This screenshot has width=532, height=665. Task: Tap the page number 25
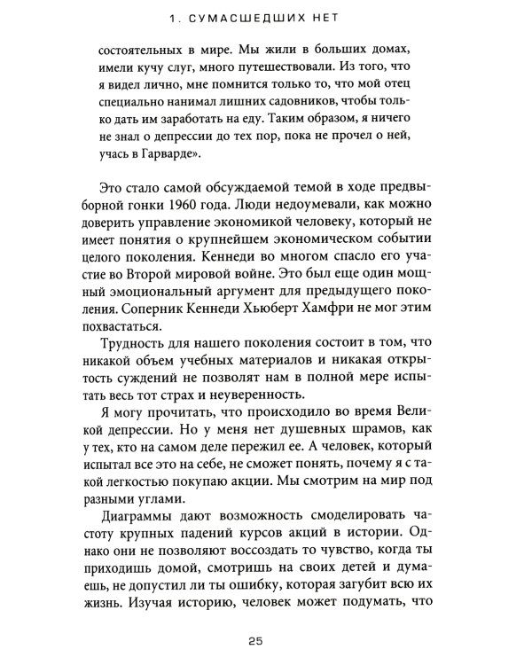pos(265,639)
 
